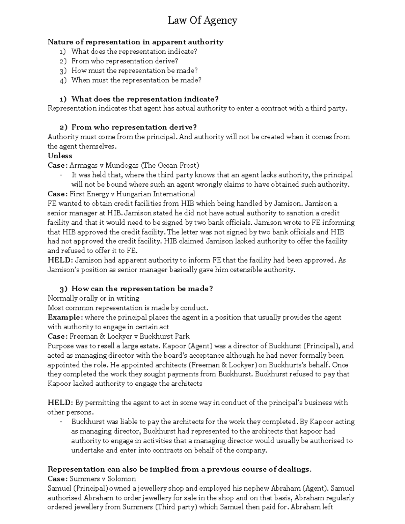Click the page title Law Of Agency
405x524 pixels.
(202, 21)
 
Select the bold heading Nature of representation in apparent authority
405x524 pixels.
(135, 42)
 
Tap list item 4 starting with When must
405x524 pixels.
(136, 80)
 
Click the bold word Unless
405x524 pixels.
(60, 156)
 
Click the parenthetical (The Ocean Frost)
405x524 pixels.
(170, 165)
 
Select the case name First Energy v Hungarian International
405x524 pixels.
(132, 194)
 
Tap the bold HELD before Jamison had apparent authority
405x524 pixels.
(60, 260)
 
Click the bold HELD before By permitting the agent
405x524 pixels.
(60, 403)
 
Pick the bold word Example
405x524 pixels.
(64, 317)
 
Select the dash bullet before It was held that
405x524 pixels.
(61, 175)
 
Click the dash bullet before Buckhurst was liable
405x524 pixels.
(61, 422)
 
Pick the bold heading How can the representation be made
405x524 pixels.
(142, 289)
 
